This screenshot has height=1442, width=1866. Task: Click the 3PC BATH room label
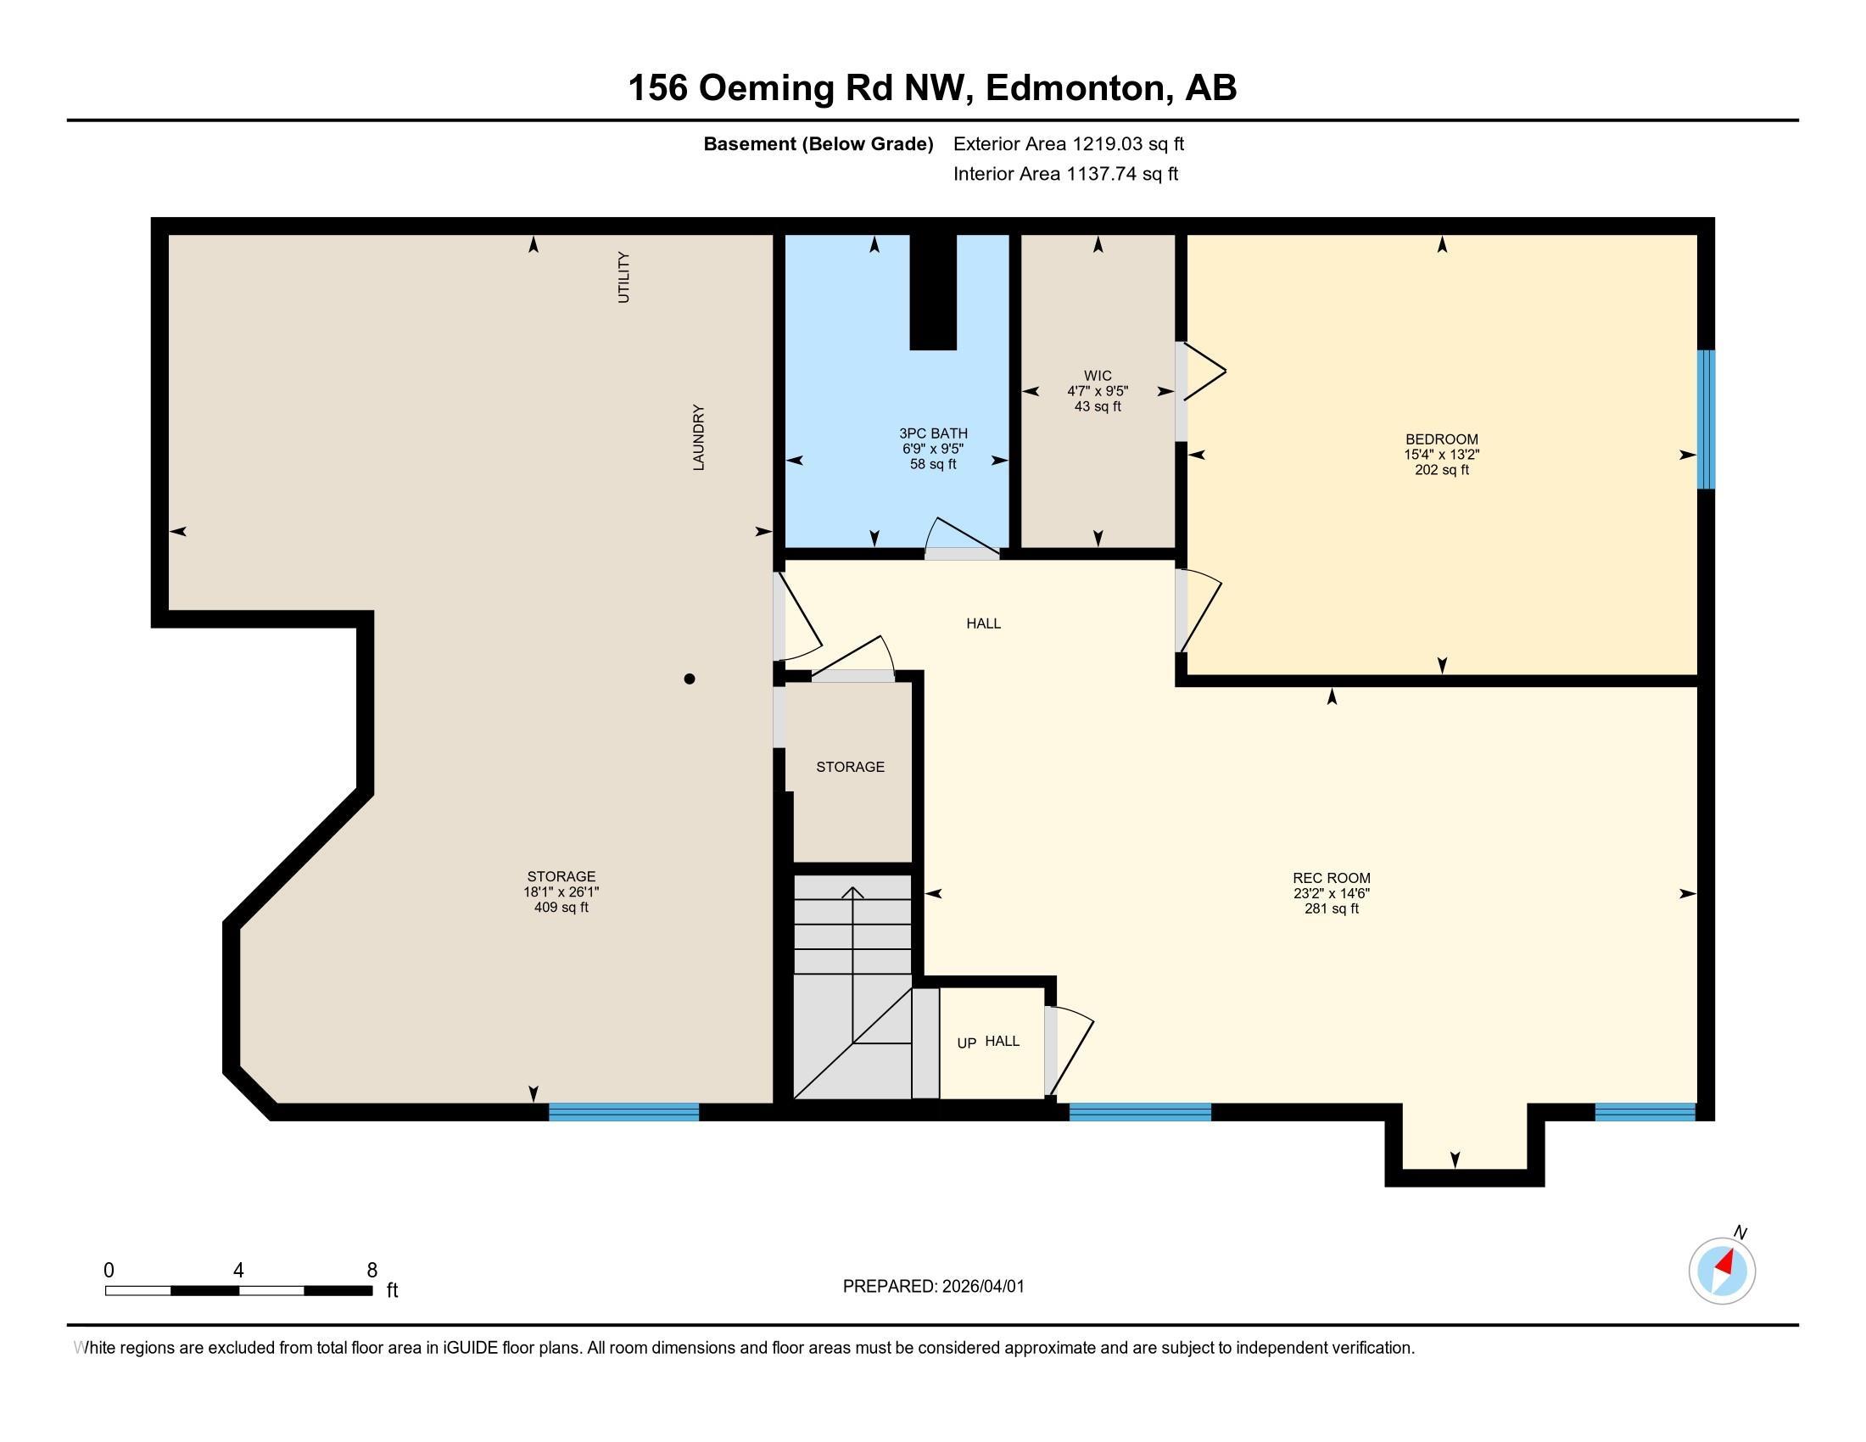933,433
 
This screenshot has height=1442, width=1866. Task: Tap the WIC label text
1097,376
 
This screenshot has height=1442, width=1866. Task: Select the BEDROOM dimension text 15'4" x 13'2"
1441,456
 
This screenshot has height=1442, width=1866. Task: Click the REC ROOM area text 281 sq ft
1331,909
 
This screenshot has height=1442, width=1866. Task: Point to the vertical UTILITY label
623,277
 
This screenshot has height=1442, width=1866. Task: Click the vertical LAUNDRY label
698,437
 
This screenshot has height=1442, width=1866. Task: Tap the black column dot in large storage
690,679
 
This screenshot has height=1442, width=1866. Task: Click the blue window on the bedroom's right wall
1706,418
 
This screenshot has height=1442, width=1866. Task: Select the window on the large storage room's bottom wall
623,1111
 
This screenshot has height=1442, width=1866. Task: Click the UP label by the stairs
966,1043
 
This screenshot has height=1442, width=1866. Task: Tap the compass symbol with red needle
1722,1272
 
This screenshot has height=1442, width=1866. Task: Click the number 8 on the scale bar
372,1271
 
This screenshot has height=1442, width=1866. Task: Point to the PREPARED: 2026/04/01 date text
933,1287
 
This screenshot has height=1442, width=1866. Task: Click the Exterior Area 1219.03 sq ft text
1068,143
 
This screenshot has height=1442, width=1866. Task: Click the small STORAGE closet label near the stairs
850,767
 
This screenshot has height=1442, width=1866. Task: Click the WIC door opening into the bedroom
1200,372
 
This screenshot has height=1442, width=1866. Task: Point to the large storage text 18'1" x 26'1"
561,891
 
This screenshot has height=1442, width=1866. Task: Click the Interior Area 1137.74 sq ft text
1065,174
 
